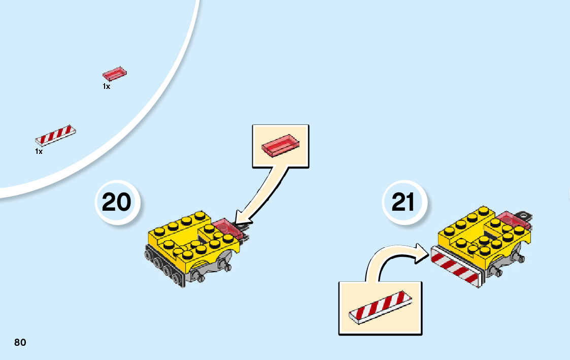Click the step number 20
[116, 203]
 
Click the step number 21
[404, 203]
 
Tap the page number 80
[20, 342]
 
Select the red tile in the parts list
[115, 74]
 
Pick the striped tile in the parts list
[56, 135]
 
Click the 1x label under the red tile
[106, 87]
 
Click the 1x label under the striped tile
[39, 151]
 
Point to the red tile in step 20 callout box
[280, 145]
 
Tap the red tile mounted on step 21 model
[513, 220]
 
